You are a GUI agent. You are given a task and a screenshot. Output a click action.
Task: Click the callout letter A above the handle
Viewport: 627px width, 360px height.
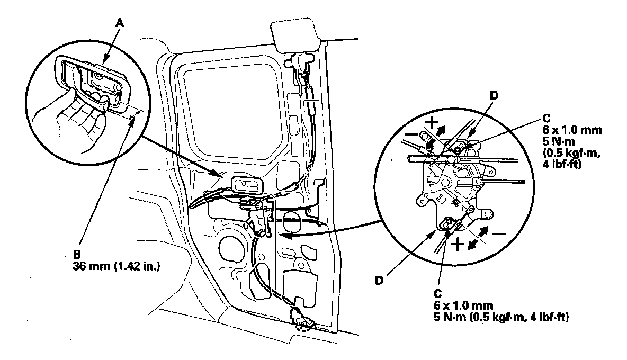tap(120, 23)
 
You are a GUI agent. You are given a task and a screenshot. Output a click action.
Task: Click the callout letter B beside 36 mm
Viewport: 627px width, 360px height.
tap(76, 254)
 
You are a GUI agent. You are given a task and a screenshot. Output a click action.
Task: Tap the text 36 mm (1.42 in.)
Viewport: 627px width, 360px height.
tap(117, 266)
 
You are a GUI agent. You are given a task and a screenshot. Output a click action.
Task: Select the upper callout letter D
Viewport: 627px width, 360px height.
tap(494, 95)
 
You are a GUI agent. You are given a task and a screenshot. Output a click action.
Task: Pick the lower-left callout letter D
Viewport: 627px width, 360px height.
tap(379, 281)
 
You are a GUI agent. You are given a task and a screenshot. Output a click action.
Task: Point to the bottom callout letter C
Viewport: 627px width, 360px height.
tap(438, 294)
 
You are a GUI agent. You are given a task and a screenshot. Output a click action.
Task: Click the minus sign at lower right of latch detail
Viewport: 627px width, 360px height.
tap(499, 233)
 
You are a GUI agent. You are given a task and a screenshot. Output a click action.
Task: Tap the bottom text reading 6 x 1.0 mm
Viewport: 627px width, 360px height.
tap(463, 305)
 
